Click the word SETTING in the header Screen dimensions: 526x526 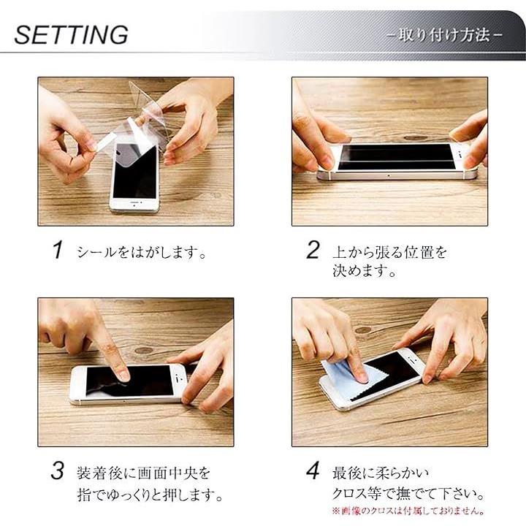[71, 35]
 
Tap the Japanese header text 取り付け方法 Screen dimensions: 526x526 [444, 35]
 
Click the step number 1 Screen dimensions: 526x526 [58, 250]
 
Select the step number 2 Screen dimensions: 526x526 [313, 250]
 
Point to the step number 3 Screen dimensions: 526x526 [58, 470]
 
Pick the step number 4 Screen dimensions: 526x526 [313, 470]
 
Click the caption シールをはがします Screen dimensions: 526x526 [142, 252]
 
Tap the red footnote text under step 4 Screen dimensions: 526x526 [408, 511]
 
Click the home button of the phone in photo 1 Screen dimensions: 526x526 [134, 205]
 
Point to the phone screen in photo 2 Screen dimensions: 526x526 [396, 156]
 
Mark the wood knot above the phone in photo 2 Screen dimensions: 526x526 [415, 138]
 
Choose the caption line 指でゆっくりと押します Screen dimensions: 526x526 [150, 494]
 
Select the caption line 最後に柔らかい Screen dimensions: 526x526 [381, 473]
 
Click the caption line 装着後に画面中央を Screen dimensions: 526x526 [144, 473]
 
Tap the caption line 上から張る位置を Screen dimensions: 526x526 [390, 252]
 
